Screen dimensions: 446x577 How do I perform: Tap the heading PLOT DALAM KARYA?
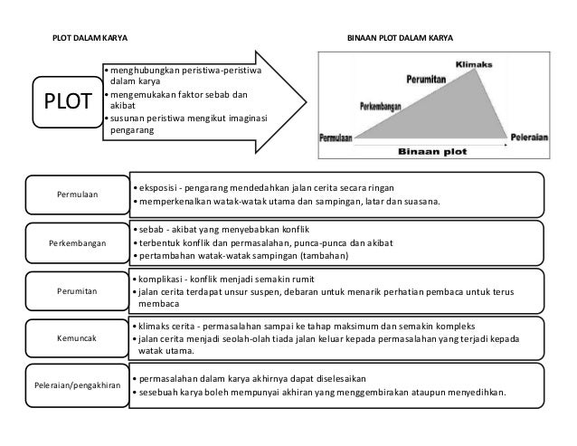pos(88,39)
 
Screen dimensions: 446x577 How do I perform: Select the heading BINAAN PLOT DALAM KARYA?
pos(401,39)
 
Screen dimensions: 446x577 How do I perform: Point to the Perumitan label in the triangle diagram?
pos(428,80)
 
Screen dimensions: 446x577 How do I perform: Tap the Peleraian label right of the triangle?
pos(527,138)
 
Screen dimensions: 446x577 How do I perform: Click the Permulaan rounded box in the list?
pos(79,193)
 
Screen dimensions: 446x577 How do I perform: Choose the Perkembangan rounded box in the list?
pos(79,243)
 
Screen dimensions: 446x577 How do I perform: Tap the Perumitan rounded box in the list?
pos(79,290)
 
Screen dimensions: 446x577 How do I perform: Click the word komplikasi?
pos(161,278)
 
